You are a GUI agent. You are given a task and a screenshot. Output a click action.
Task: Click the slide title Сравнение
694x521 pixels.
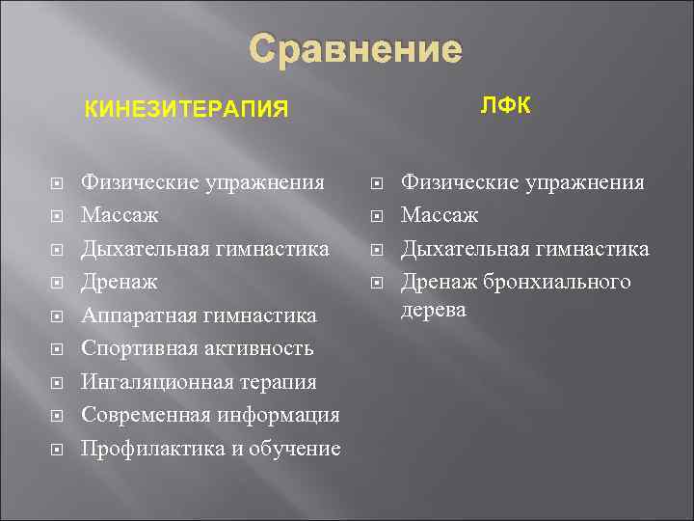point(356,49)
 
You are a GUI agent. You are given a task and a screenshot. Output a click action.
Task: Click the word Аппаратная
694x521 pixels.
point(138,315)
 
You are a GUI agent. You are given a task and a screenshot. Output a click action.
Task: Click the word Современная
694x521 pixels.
point(141,415)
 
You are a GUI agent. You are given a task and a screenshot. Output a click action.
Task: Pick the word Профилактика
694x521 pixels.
point(147,449)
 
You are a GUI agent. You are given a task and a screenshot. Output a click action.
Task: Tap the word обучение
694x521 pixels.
point(295,449)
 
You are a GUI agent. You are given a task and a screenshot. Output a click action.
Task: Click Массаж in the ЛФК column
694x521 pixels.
point(440,215)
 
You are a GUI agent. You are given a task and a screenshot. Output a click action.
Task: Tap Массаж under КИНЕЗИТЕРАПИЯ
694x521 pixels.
point(120,215)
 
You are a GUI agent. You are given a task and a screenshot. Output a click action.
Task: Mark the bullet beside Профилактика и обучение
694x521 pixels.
point(57,450)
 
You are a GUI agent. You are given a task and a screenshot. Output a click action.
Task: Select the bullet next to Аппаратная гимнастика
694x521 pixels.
point(57,316)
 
